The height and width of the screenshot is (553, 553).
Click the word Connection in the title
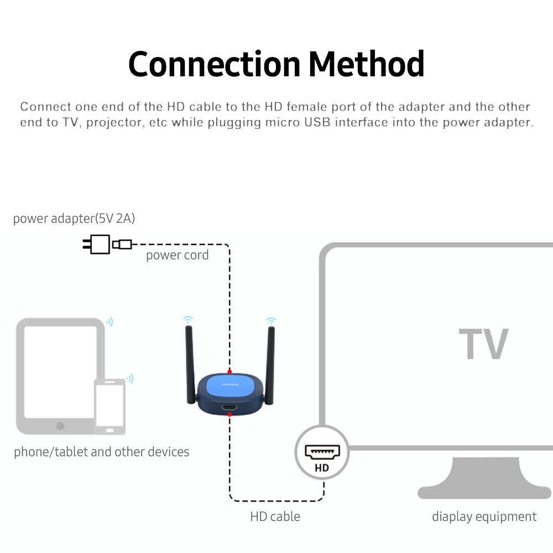pyautogui.click(x=214, y=64)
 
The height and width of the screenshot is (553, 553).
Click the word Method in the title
pyautogui.click(x=367, y=64)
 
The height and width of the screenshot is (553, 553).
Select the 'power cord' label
pyautogui.click(x=177, y=255)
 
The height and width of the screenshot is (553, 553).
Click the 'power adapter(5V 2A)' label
pyautogui.click(x=74, y=218)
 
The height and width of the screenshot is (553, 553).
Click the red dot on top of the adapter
pyautogui.click(x=229, y=371)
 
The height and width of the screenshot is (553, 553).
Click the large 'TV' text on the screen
pyautogui.click(x=483, y=344)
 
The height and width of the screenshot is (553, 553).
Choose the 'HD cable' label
pyautogui.click(x=275, y=517)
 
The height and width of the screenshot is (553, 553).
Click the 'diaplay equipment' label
pyautogui.click(x=484, y=517)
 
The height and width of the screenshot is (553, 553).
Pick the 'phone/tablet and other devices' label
pyautogui.click(x=102, y=452)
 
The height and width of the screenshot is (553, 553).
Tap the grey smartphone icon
pyautogui.click(x=109, y=406)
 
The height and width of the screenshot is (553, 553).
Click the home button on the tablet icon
pyautogui.click(x=60, y=426)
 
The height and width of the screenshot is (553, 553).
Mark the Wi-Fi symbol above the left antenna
pyautogui.click(x=189, y=320)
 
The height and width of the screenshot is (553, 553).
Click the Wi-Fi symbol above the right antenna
pyautogui.click(x=270, y=320)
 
